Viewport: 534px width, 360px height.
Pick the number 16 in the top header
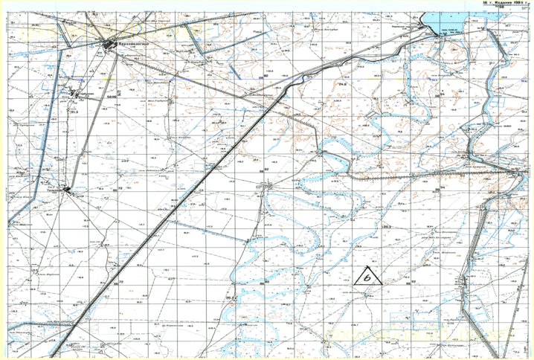pos(484,3)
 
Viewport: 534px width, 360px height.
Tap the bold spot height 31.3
pos(74,112)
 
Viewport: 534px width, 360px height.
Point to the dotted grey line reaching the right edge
pos(446,176)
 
